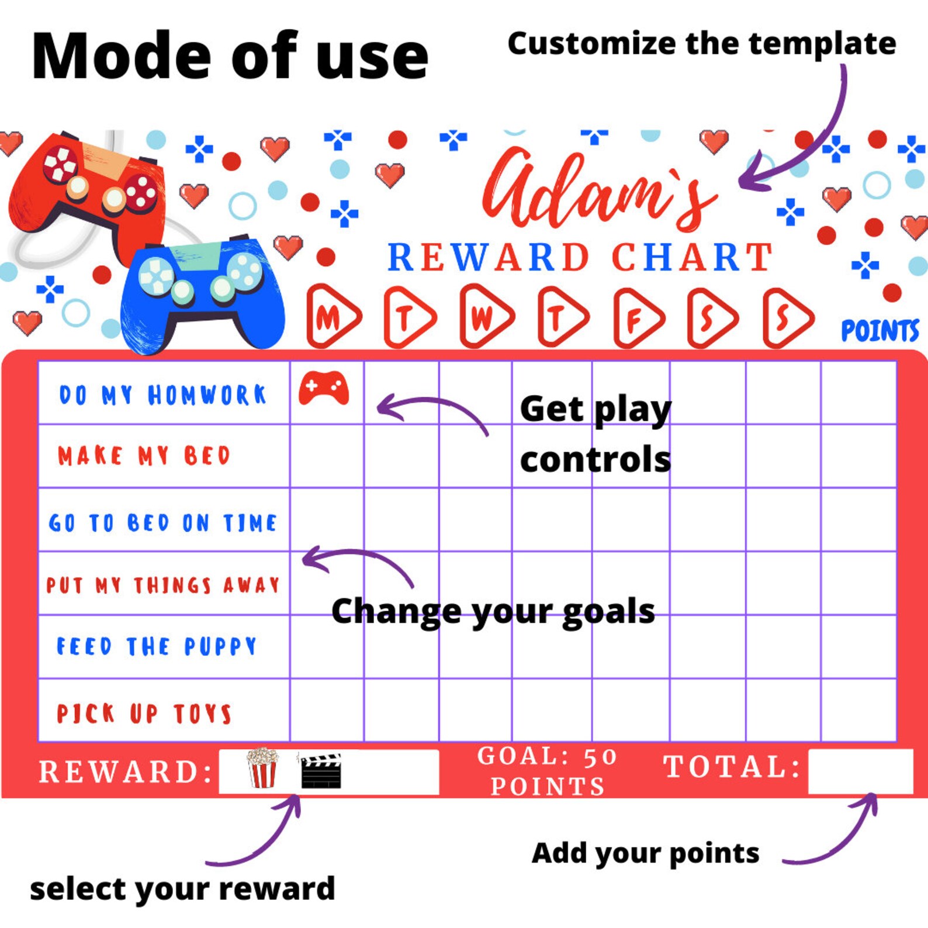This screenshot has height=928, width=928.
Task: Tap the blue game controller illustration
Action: click(202, 292)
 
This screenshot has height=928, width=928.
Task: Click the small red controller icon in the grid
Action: click(324, 388)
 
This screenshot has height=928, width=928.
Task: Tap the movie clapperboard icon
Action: click(320, 771)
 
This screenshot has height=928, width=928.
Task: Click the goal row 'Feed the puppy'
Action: click(157, 646)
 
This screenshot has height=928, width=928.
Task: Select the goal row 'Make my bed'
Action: click(144, 456)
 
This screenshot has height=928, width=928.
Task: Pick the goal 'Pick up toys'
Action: click(144, 714)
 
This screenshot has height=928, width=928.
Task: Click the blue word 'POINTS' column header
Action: click(879, 331)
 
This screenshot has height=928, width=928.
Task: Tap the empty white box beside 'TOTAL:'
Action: click(860, 771)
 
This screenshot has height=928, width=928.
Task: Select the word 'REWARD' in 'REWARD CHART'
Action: click(489, 258)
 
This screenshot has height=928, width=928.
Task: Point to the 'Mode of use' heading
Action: click(230, 57)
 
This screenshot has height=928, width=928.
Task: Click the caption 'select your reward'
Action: click(182, 889)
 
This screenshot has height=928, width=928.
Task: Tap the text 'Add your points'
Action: click(645, 853)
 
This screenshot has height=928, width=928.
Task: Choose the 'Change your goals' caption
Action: click(493, 612)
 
